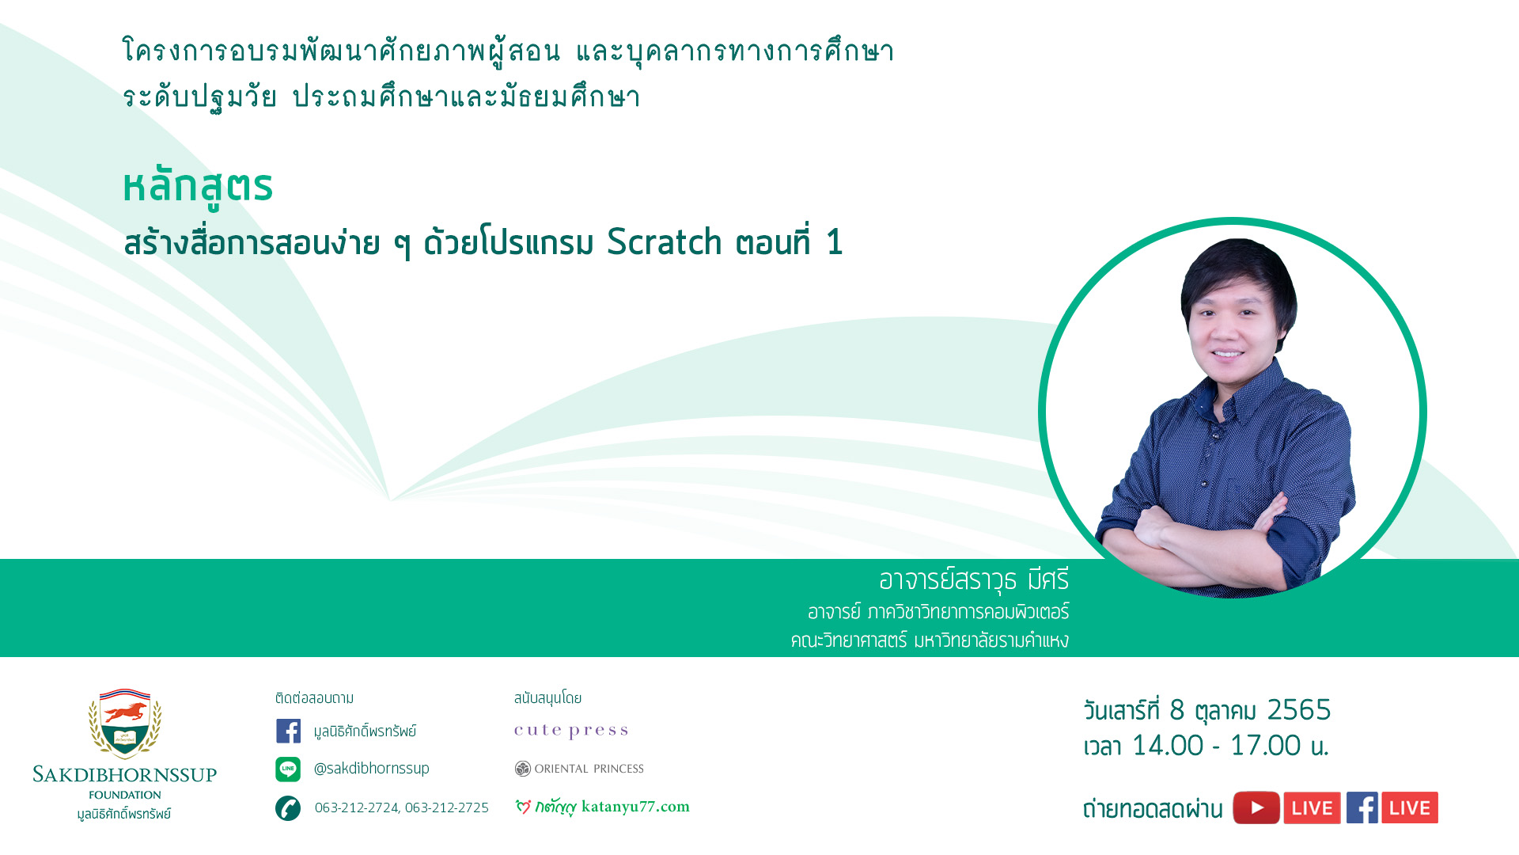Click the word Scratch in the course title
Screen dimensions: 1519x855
tap(665, 242)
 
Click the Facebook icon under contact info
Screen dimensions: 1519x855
tap(288, 731)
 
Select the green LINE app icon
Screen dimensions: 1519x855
tap(288, 769)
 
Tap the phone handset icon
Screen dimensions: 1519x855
tap(288, 808)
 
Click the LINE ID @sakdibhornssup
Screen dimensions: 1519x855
tap(372, 769)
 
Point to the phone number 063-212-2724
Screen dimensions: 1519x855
tap(356, 807)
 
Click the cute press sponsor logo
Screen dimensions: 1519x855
tap(571, 731)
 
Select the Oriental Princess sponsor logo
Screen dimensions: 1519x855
tap(579, 769)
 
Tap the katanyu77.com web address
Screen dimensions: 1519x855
tap(635, 807)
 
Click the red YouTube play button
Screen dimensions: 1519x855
tap(1256, 807)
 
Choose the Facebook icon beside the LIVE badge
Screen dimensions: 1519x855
tap(1362, 807)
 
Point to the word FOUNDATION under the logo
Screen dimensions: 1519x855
tap(125, 795)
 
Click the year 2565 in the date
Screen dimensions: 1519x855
tap(1299, 710)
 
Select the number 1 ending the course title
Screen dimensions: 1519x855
tap(834, 242)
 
